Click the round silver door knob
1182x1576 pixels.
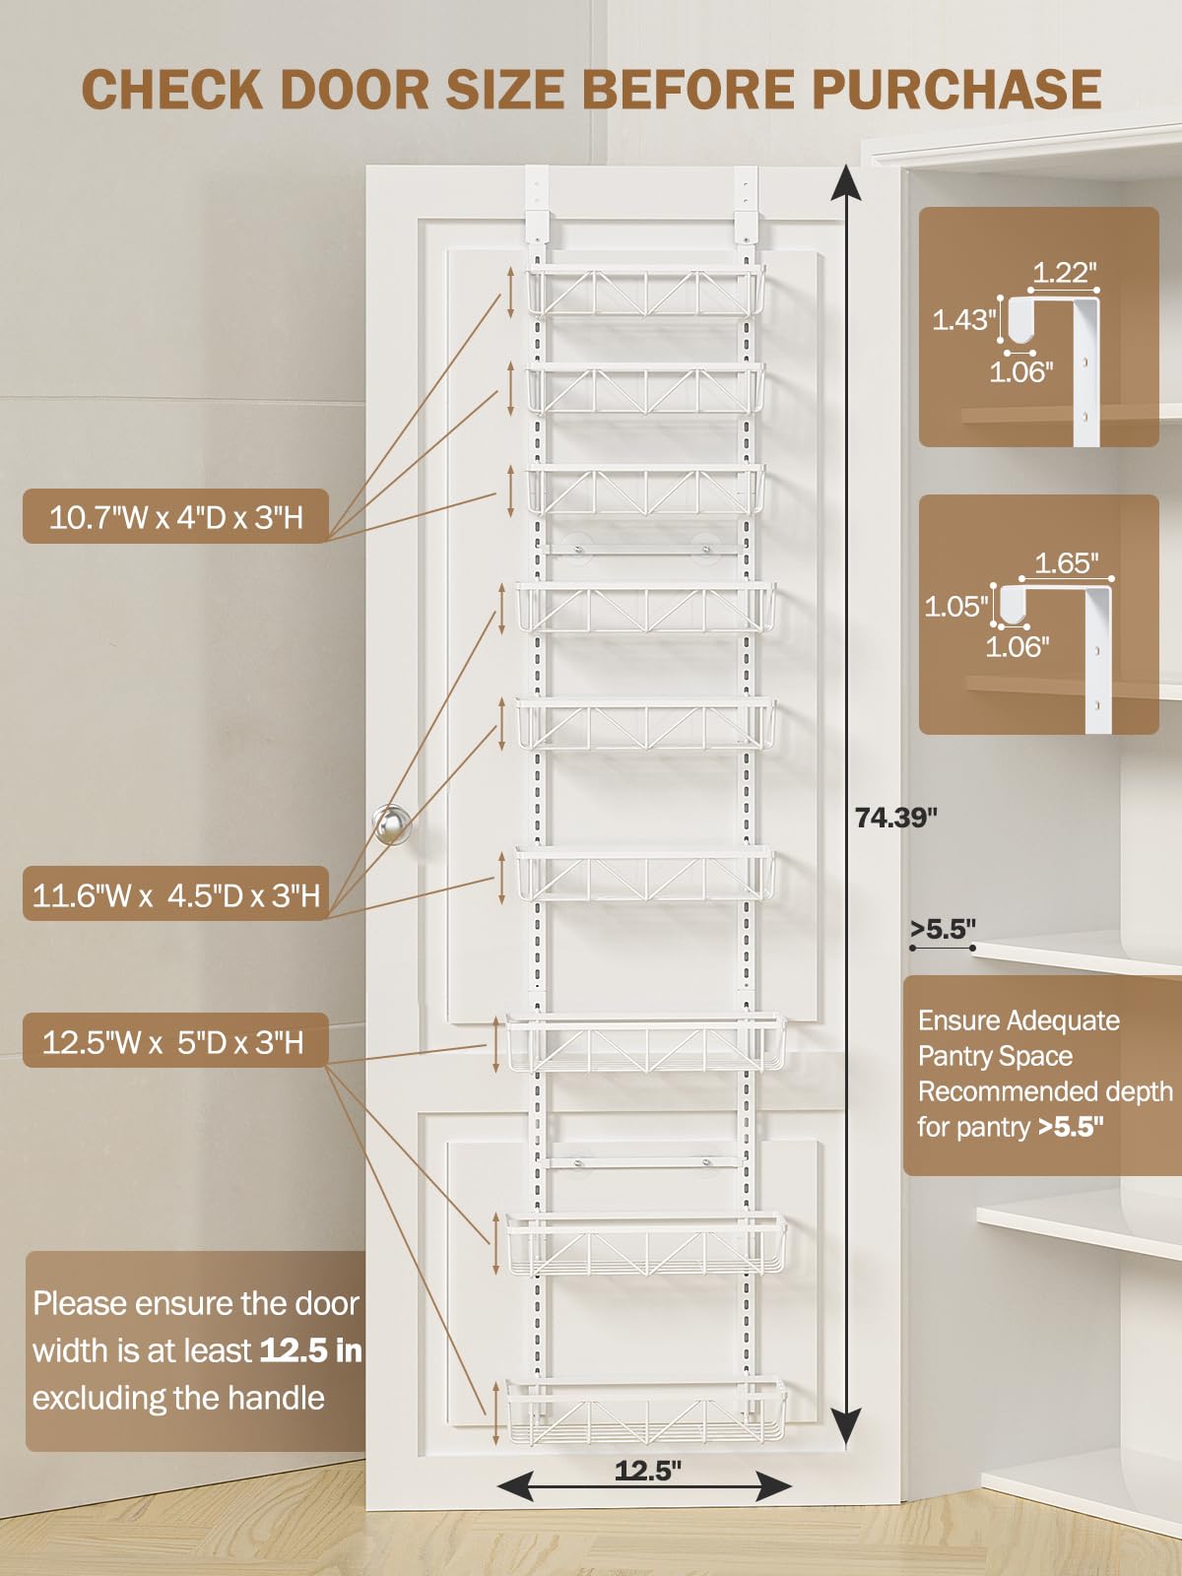tap(392, 824)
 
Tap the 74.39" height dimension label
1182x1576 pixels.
tap(895, 818)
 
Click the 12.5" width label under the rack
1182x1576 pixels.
tap(647, 1471)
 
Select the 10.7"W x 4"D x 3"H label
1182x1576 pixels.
tap(175, 516)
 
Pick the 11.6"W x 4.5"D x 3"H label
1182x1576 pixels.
tap(175, 895)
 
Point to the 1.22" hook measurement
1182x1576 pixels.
tap(1064, 273)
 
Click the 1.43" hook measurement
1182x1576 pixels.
tap(964, 319)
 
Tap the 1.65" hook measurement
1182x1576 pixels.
tap(1066, 563)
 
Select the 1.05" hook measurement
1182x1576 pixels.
tap(955, 606)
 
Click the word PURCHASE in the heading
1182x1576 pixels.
tap(955, 90)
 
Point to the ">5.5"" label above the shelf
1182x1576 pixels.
tap(943, 929)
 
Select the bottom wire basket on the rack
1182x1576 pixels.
tap(646, 1411)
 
